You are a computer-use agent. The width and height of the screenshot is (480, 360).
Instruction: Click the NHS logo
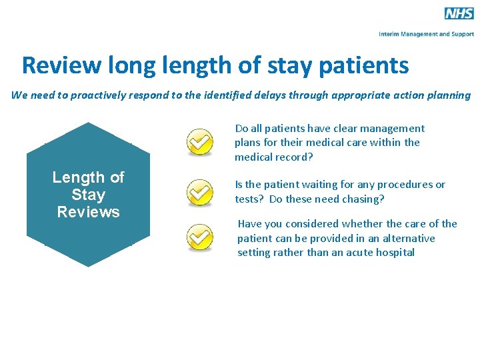coord(459,13)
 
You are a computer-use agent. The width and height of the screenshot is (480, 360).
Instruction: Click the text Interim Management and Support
coord(426,33)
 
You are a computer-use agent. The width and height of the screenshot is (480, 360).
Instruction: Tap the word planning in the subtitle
coord(448,95)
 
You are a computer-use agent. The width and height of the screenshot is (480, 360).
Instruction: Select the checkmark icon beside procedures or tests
coord(199,192)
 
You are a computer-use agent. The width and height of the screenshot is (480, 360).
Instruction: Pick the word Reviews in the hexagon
coord(88,212)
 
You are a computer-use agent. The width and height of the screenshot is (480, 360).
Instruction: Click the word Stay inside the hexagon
coord(88,195)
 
